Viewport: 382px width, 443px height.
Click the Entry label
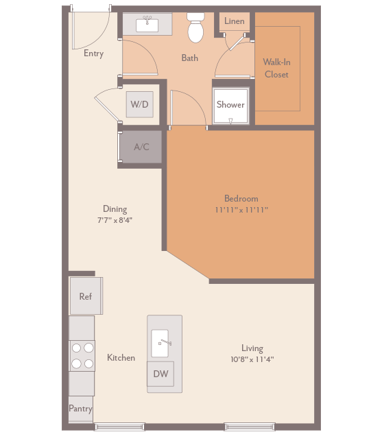94,53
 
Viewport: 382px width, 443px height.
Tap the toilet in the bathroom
196,29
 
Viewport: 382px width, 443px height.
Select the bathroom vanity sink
147,26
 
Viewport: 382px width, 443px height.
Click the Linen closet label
234,21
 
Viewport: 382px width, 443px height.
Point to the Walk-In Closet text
276,68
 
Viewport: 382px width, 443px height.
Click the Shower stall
230,105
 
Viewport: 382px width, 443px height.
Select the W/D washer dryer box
139,105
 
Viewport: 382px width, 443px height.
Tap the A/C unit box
141,147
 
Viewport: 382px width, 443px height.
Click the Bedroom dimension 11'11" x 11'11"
241,210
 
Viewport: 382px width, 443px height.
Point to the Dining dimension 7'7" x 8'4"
115,220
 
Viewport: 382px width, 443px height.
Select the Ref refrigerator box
86,296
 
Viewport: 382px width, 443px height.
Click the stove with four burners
82,355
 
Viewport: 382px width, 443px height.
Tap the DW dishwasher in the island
160,374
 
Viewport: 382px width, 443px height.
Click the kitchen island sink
160,342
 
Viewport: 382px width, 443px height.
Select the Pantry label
80,409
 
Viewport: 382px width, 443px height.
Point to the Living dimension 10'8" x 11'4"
252,359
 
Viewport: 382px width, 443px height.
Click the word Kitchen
121,357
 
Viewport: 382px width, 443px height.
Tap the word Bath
190,58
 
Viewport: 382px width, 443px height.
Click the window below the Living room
250,427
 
